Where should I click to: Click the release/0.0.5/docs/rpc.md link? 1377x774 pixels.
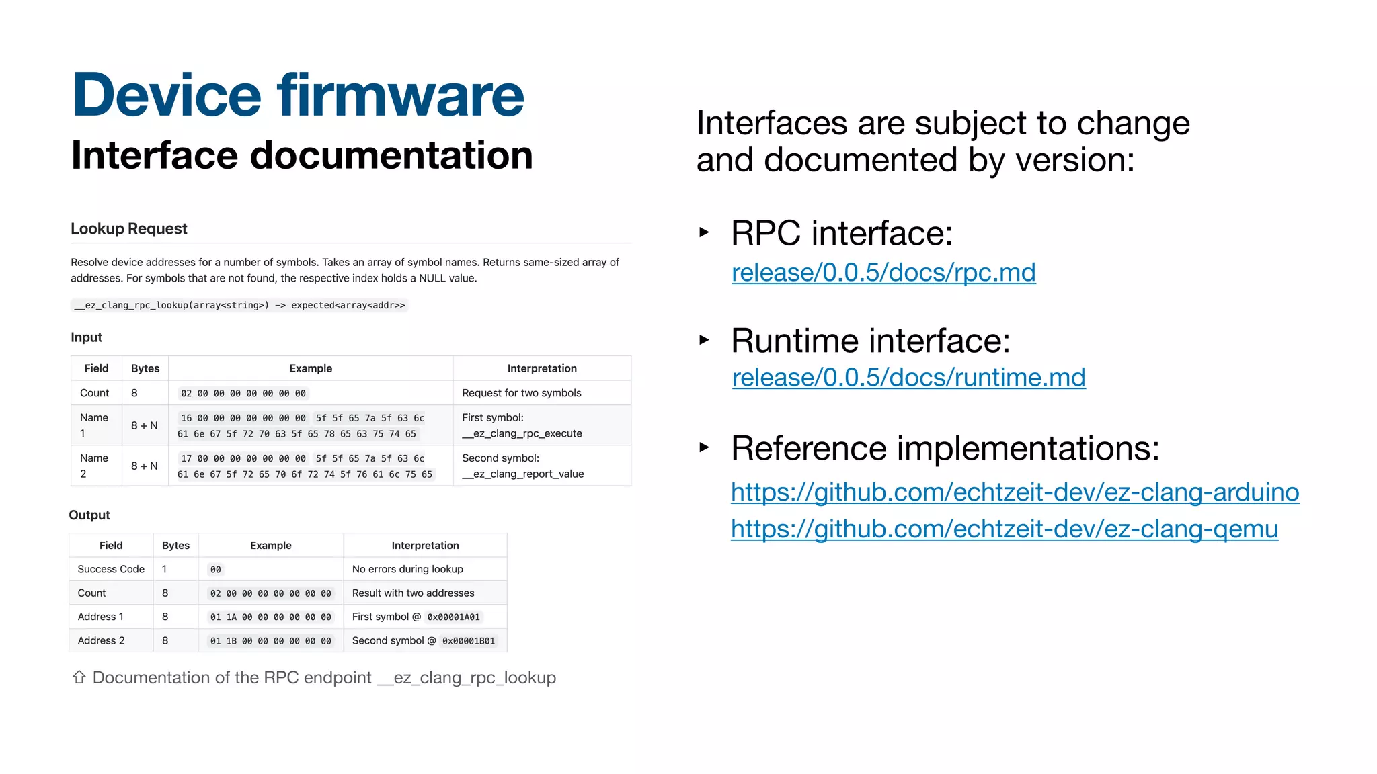tap(883, 273)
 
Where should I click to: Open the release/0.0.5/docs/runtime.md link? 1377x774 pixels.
tap(908, 378)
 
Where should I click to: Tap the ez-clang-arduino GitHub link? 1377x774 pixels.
tap(1015, 492)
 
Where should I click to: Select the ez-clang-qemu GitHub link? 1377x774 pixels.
tap(1004, 529)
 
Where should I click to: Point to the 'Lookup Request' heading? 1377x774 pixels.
tap(128, 229)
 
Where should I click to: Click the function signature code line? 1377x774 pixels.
tap(239, 306)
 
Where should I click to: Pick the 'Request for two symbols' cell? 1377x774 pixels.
tap(521, 393)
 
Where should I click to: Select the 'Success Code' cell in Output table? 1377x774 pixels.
tap(111, 569)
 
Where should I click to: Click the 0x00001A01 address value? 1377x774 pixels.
tap(453, 617)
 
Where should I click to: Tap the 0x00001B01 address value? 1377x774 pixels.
tap(468, 641)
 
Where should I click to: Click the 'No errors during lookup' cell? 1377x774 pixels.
tap(407, 569)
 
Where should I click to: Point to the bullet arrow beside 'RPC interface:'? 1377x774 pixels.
tap(704, 232)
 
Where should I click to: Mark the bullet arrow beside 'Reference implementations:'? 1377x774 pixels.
tap(704, 447)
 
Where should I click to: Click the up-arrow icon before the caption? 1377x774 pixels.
tap(79, 677)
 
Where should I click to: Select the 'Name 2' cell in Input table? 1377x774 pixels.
tap(94, 466)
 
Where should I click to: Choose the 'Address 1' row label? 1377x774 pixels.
tap(100, 617)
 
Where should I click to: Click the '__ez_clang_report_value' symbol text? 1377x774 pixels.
tap(522, 474)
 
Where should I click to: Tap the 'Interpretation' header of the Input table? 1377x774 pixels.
tap(541, 368)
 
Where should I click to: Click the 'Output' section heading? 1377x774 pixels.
tap(89, 515)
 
